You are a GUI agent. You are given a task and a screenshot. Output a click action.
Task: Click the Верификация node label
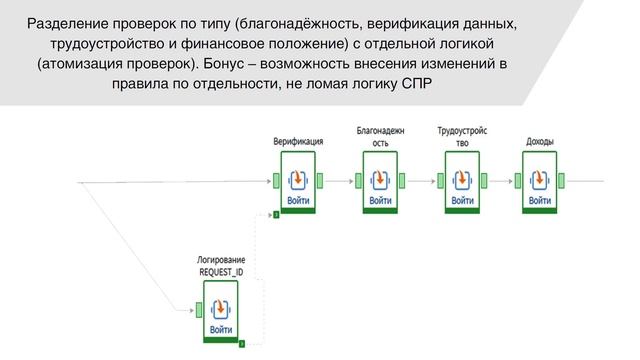click(x=298, y=142)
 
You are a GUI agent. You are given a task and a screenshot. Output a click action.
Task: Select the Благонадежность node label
click(x=380, y=137)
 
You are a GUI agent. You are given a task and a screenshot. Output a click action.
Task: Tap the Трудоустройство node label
click(x=461, y=137)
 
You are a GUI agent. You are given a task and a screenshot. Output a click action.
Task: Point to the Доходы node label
click(x=540, y=142)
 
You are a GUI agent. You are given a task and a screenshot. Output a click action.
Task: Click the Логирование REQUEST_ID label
click(x=221, y=266)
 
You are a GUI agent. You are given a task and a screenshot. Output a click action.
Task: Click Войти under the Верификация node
click(x=298, y=200)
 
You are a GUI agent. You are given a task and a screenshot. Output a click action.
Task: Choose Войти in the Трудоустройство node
click(x=461, y=200)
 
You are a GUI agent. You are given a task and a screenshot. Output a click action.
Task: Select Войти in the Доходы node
click(x=540, y=200)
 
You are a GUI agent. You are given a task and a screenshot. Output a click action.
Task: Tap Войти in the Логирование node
click(x=221, y=329)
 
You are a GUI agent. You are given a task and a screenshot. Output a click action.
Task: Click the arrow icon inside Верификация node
click(x=298, y=179)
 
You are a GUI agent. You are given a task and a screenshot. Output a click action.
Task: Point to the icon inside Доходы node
click(x=540, y=179)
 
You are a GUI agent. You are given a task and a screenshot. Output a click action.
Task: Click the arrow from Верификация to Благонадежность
click(x=338, y=181)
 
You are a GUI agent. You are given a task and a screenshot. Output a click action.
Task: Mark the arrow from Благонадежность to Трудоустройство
click(x=420, y=181)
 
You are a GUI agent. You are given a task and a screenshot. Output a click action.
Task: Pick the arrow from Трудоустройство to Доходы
click(x=500, y=181)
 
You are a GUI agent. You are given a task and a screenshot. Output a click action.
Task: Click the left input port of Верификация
click(x=276, y=181)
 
